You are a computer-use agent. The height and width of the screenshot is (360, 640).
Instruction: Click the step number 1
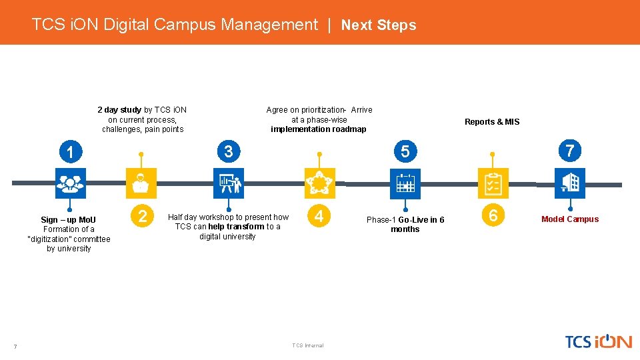(x=70, y=153)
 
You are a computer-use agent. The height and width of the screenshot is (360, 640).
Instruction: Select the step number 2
(x=142, y=216)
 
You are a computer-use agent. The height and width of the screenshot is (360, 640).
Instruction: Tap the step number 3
(x=229, y=152)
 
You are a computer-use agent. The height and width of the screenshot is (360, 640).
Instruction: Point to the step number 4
(x=319, y=216)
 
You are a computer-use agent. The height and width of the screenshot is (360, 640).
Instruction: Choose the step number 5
(x=405, y=152)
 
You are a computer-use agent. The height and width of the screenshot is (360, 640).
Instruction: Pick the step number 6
(x=493, y=215)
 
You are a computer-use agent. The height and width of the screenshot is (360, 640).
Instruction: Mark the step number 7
(x=569, y=151)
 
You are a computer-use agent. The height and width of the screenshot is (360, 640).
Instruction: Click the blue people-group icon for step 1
(x=70, y=183)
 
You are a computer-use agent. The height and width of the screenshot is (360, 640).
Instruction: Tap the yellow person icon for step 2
(x=141, y=183)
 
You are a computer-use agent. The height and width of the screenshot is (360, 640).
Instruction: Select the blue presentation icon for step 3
(x=229, y=183)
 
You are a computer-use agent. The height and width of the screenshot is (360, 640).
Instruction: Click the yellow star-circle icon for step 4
(x=319, y=183)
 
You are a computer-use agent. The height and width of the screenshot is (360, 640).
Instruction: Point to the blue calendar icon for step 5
(x=405, y=183)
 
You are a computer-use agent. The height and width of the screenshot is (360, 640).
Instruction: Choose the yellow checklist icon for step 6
(x=493, y=183)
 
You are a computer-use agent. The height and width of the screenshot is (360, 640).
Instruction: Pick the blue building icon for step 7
(x=570, y=183)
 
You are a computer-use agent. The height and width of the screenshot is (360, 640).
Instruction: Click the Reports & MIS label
(x=492, y=122)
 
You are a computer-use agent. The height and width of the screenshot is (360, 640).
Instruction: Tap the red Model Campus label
(x=570, y=219)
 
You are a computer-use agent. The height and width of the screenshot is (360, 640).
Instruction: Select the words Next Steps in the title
(x=379, y=25)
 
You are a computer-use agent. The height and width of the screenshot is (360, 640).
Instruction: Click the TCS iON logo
(x=598, y=341)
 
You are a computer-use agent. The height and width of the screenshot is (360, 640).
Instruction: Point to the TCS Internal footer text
(x=307, y=345)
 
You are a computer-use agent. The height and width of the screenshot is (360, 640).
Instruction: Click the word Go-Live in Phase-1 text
(x=413, y=220)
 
